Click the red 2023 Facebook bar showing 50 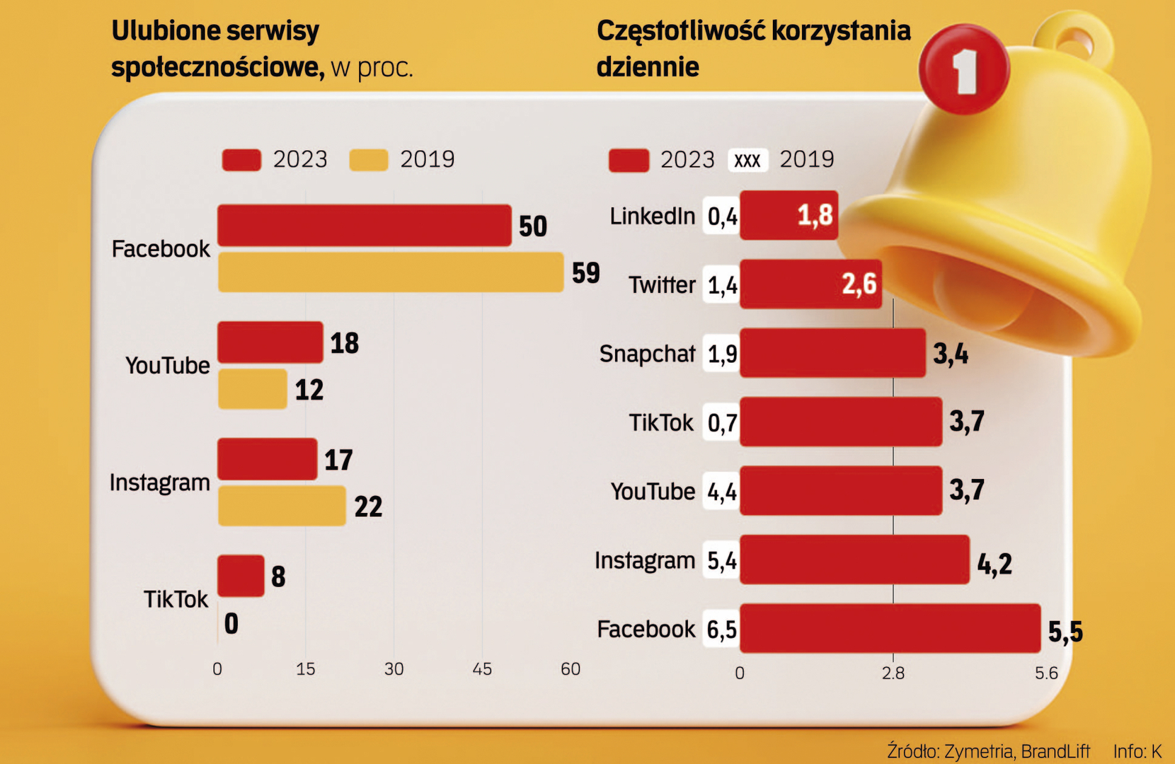(364, 226)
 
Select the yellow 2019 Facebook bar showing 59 (390, 272)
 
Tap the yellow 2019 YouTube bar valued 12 (252, 389)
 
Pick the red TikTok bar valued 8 (241, 576)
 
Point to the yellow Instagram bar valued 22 (282, 506)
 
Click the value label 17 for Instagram (338, 460)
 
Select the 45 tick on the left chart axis (482, 669)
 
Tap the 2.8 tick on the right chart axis (893, 673)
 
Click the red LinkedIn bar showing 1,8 (789, 215)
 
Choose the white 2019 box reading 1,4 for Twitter (722, 284)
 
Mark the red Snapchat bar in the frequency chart (832, 353)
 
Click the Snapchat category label (647, 353)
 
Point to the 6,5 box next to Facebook (721, 629)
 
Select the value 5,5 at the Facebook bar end (1065, 632)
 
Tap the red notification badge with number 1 (964, 70)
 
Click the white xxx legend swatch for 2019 (747, 160)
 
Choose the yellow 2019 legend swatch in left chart (369, 160)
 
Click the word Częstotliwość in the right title (680, 30)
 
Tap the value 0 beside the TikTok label (231, 623)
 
